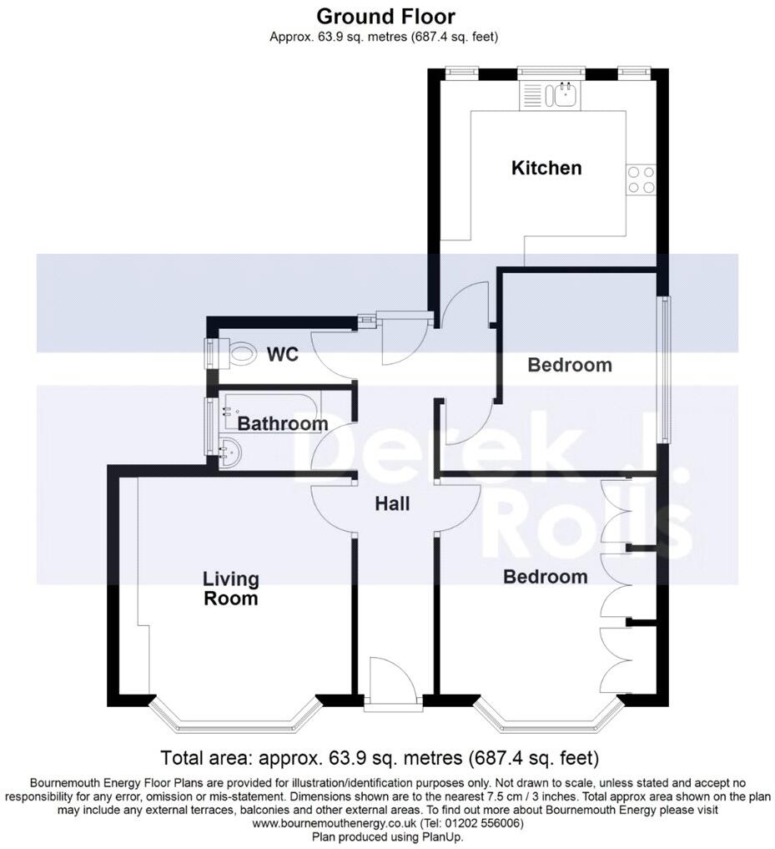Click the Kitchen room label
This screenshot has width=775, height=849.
(546, 168)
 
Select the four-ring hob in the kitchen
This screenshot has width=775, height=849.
(641, 179)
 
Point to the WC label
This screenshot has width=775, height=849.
(282, 354)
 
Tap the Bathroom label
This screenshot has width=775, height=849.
(283, 423)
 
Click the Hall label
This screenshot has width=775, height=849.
(391, 503)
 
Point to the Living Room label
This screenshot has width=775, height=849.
(231, 588)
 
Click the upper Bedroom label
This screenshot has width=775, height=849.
(570, 365)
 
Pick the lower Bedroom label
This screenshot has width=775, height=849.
(545, 576)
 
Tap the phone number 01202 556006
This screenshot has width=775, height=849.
(477, 823)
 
